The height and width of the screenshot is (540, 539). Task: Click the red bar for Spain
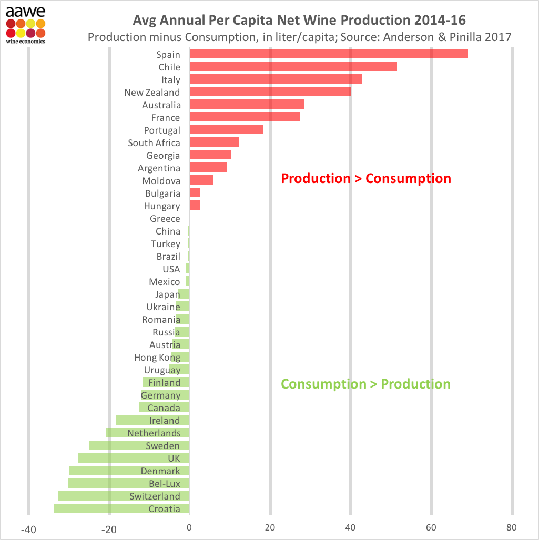tap(329, 54)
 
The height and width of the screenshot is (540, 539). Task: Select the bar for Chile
tap(293, 67)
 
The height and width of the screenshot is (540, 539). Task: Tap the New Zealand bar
tap(270, 92)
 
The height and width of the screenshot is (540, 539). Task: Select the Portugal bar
tap(226, 130)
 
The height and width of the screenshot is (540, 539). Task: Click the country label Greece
tap(165, 219)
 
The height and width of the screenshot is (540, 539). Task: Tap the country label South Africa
tap(154, 143)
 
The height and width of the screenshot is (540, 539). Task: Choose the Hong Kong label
tap(157, 358)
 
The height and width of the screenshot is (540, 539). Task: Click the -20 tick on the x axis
tap(109, 528)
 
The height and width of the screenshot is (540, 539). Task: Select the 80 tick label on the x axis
tap(512, 528)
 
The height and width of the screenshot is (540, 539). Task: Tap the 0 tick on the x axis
tap(189, 528)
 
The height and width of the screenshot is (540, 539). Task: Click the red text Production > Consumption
tap(366, 178)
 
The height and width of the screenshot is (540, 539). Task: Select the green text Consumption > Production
tap(366, 384)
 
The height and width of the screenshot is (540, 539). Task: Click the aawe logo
tap(25, 24)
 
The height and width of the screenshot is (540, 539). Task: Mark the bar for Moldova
tap(201, 180)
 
